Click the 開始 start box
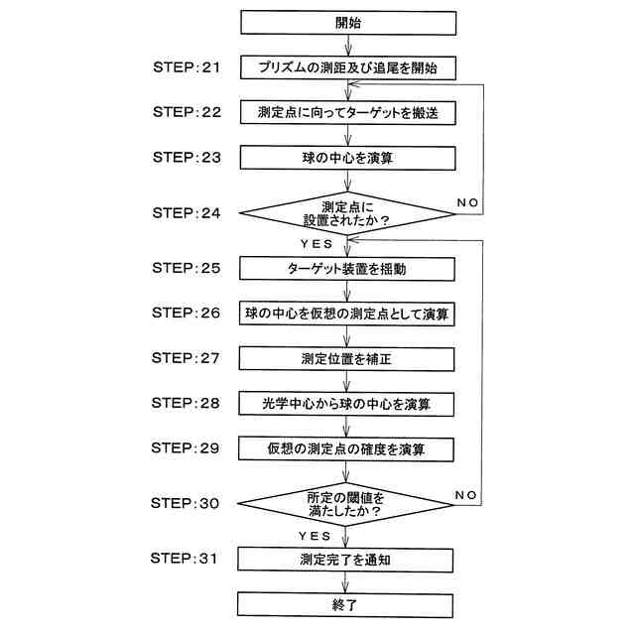pos(347,23)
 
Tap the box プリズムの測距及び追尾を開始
pos(347,68)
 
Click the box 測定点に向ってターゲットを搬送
pos(347,113)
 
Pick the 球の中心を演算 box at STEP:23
pos(347,159)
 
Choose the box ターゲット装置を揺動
pos(347,268)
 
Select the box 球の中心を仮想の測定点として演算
pos(347,314)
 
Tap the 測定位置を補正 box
pos(347,358)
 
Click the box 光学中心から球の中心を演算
pos(347,404)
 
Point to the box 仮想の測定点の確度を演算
pos(347,448)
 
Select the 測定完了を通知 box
pos(347,559)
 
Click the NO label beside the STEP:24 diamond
pos(468,201)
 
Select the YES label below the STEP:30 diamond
pos(320,535)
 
